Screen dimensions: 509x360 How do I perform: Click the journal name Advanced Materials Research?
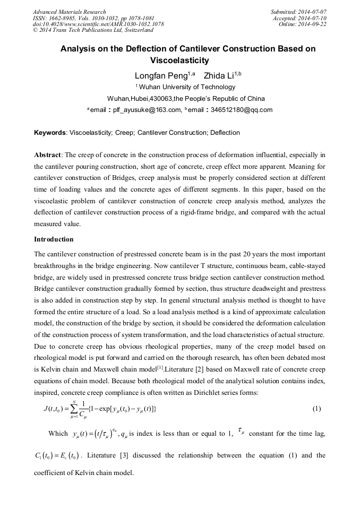69,12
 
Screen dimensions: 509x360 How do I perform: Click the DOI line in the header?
98,24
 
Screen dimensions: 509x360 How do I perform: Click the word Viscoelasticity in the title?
179,61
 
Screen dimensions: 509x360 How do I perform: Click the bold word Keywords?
50,133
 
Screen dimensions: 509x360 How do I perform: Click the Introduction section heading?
54,239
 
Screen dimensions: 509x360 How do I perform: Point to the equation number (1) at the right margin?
316,409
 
